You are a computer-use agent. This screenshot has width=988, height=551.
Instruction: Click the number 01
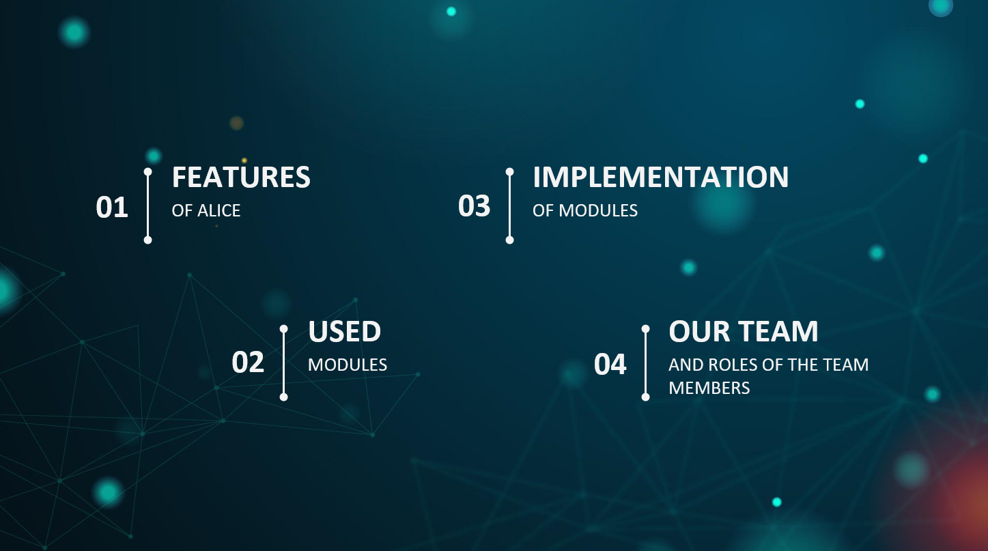pyautogui.click(x=112, y=208)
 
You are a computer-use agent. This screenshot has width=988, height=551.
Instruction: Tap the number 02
pyautogui.click(x=248, y=362)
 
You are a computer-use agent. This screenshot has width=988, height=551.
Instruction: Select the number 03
pyautogui.click(x=474, y=206)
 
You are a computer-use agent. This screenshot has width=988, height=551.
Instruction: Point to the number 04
pyautogui.click(x=610, y=364)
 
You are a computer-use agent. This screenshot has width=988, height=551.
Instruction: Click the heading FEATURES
pyautogui.click(x=241, y=178)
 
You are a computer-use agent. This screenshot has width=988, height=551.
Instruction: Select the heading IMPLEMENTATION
pyautogui.click(x=661, y=178)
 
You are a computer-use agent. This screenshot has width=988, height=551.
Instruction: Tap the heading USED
pyautogui.click(x=345, y=331)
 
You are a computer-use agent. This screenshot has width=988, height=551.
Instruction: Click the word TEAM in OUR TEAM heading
pyautogui.click(x=778, y=331)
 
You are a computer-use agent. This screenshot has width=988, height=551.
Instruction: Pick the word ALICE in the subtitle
pyautogui.click(x=218, y=211)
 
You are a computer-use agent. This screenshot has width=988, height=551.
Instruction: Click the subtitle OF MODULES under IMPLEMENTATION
pyautogui.click(x=585, y=211)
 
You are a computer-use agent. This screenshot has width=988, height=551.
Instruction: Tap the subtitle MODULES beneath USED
pyautogui.click(x=348, y=365)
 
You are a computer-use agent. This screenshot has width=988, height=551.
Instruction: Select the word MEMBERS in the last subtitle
pyautogui.click(x=709, y=388)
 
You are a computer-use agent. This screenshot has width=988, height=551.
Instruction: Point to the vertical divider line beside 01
pyautogui.click(x=147, y=206)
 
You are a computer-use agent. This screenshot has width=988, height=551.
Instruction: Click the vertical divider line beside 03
pyautogui.click(x=509, y=206)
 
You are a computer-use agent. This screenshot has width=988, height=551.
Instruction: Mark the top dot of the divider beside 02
pyautogui.click(x=283, y=328)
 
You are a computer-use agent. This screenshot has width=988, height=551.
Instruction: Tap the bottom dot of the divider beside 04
pyautogui.click(x=645, y=397)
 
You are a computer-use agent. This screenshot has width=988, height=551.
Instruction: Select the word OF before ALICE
pyautogui.click(x=182, y=211)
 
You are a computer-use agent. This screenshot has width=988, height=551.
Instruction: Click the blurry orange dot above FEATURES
pyautogui.click(x=236, y=123)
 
